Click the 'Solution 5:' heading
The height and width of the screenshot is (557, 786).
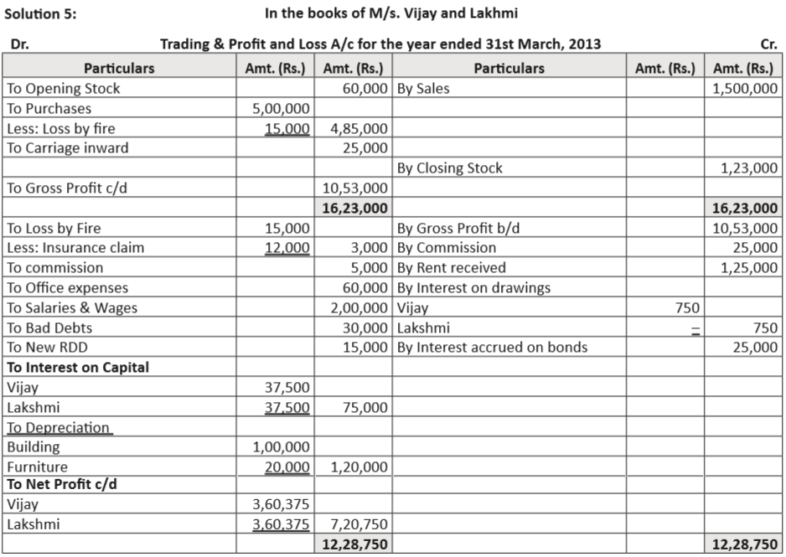41,13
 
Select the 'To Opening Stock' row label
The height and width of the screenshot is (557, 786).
64,89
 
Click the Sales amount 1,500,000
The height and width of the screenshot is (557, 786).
745,89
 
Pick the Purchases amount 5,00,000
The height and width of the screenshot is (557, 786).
281,109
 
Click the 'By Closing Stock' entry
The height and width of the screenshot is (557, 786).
449,168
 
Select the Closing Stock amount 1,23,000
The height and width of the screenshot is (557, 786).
749,168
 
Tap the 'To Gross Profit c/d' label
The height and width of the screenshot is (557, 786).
66,188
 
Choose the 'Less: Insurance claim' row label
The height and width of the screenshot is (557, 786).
75,248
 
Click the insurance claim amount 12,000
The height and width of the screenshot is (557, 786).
287,248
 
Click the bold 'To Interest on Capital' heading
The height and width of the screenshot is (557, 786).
78,367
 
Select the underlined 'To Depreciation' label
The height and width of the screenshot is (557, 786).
59,428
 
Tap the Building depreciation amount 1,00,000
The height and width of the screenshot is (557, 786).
281,447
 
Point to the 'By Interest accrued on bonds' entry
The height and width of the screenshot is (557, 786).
492,348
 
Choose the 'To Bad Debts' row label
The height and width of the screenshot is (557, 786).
49,328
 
